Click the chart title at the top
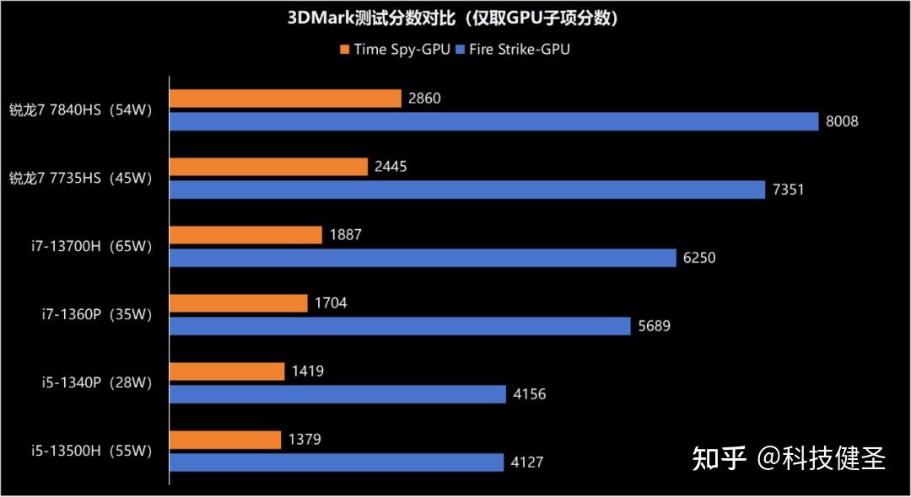pos(455,19)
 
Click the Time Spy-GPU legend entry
pos(396,49)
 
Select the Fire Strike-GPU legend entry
pos(513,49)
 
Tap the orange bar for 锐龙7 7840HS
pos(285,99)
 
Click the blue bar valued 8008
pos(493,121)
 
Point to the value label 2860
pos(423,99)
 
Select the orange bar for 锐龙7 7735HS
pos(269,167)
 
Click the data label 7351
pos(788,190)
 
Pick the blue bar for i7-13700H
pos(423,258)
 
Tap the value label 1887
pos(344,235)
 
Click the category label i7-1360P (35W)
pos(96,315)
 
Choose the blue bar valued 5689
pos(400,326)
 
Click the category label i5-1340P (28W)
pos(96,383)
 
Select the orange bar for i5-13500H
pos(225,440)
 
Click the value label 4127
pos(527,462)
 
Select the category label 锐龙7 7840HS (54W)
pos(80,110)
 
